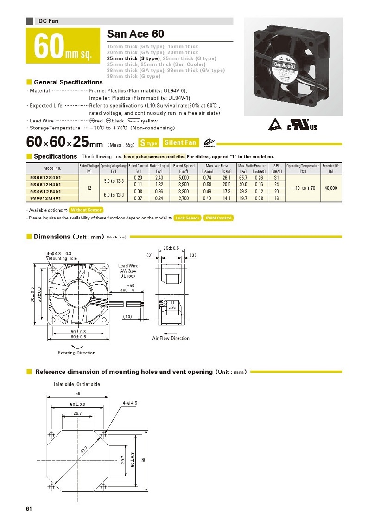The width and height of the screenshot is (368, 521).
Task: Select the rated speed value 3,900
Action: pos(184,184)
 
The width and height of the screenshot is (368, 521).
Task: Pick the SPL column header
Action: pos(277,166)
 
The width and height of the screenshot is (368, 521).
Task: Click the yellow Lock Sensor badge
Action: pos(187,218)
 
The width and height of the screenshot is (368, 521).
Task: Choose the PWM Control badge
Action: pos(218,218)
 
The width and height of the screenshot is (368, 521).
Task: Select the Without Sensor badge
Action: pos(86,210)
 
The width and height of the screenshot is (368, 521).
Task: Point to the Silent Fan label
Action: pos(181,143)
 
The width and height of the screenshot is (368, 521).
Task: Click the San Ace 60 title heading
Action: pos(136,34)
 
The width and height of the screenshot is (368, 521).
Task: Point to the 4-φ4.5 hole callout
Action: pos(130,402)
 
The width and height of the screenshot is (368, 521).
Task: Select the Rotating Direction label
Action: pos(76,353)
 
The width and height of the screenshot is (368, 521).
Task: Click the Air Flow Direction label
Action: pos(171,338)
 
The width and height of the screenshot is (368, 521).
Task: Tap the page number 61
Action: pos(29,509)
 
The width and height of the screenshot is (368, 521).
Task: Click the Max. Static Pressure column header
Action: pos(252,166)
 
